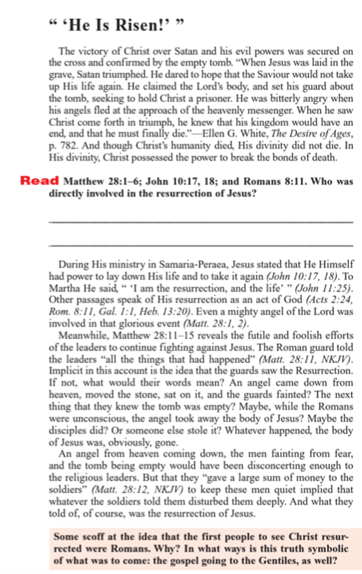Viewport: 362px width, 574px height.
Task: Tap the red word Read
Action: pyautogui.click(x=40, y=180)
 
